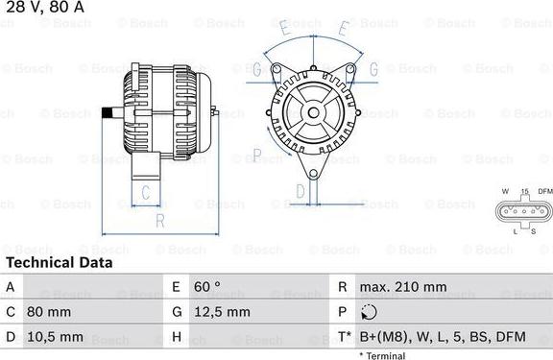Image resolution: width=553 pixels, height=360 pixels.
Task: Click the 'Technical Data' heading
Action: click(59, 262)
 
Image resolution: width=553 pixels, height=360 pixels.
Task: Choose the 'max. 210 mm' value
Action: click(403, 287)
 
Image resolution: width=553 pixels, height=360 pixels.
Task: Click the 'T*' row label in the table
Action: click(344, 337)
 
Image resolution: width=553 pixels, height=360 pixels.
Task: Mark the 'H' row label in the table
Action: click(177, 337)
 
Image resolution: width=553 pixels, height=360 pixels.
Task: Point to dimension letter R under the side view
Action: click(159, 221)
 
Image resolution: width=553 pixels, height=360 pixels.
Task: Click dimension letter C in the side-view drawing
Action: click(145, 193)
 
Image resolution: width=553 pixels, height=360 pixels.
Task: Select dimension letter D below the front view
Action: click(301, 192)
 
